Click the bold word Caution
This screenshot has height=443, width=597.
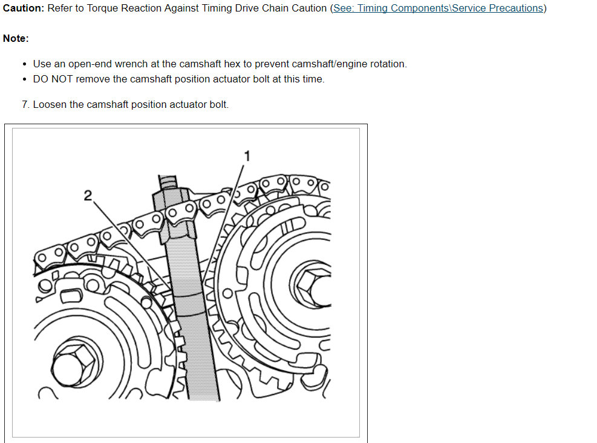pos(22,8)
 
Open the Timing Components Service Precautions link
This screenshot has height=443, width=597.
pos(438,8)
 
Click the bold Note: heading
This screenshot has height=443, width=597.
pos(16,38)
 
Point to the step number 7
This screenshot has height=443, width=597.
pos(25,104)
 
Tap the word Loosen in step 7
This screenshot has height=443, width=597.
pos(50,104)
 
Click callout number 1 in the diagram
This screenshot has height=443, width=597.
pos(246,156)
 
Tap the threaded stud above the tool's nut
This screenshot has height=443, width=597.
pos(168,181)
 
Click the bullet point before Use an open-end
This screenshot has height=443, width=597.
pos(24,64)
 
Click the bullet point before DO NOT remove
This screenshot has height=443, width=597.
pos(24,79)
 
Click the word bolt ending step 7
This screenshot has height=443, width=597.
pos(218,104)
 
